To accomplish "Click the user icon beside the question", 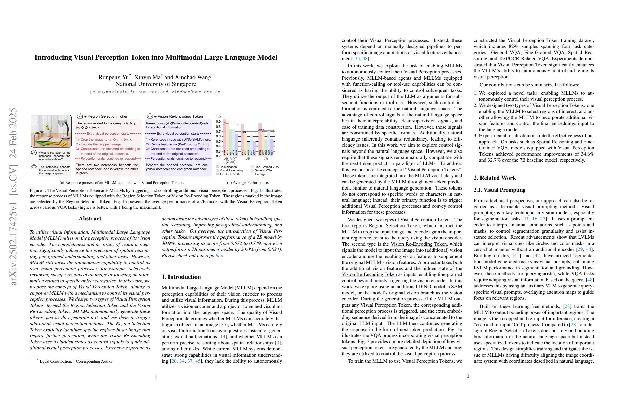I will (x=34, y=153).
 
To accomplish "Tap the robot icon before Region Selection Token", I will (x=80, y=116).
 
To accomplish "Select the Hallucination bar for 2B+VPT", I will (x=225, y=137).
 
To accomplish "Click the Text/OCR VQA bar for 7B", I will (x=272, y=147).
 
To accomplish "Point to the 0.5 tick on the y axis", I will (x=218, y=141).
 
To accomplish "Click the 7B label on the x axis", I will (x=266, y=159).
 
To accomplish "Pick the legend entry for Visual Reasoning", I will (x=231, y=170).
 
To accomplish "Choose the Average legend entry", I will (x=259, y=174).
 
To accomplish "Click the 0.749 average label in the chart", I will (x=226, y=123).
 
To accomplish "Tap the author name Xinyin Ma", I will (x=148, y=77).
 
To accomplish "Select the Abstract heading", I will (x=90, y=219).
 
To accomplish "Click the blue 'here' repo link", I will (x=220, y=256).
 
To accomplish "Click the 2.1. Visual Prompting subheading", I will (x=499, y=190).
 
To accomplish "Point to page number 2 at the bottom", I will (x=468, y=376).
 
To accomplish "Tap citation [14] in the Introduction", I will (x=222, y=337).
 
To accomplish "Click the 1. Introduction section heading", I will (x=181, y=277).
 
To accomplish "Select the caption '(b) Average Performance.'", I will (x=248, y=183).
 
